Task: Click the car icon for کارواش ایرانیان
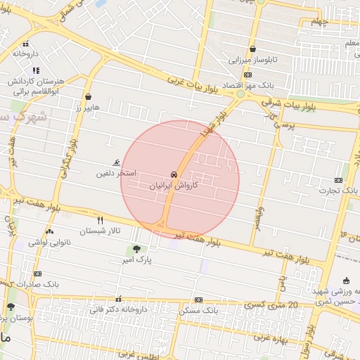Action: coord(173,174)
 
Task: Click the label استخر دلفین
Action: coord(116,173)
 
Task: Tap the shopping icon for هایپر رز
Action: coord(88,97)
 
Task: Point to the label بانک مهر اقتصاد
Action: coord(247,85)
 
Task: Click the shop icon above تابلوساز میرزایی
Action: coord(252,49)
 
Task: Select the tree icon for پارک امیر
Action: coord(136,248)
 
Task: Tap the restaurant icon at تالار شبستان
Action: coord(100,220)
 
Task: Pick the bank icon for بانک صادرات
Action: coord(37,274)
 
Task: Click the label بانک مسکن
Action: coord(199,310)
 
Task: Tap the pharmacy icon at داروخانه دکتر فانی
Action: coord(117,298)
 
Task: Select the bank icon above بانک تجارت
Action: coord(339,179)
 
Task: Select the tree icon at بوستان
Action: coord(11,307)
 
